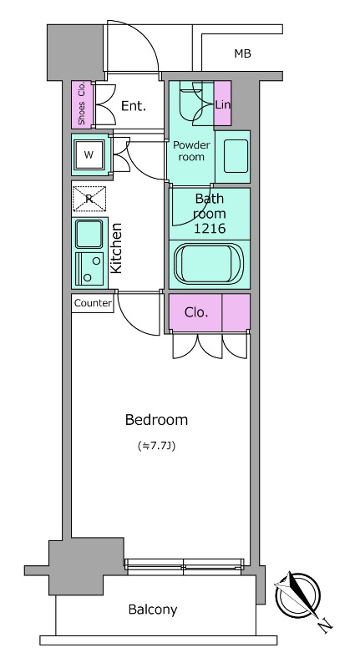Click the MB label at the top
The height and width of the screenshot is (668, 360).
point(242,53)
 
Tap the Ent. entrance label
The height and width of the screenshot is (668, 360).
point(134,106)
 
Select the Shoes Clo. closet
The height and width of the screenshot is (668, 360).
point(81,104)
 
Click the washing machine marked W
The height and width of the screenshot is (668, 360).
point(89,154)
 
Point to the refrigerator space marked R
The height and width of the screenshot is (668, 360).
point(89,199)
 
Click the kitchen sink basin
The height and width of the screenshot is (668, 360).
point(89,234)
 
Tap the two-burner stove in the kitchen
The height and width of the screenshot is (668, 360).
point(89,269)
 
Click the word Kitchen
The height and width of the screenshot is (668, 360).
point(116,248)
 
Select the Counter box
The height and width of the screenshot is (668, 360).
point(93,303)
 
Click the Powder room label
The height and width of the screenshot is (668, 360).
point(191,151)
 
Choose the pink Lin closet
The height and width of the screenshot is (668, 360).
point(222,103)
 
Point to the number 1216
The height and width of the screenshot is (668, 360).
point(209,229)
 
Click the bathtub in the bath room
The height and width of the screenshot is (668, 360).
point(209,264)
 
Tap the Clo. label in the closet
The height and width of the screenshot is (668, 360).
point(196,312)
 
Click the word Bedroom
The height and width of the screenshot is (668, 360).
point(156,420)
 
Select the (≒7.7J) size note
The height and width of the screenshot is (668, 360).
point(157,446)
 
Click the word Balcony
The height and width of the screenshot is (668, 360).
point(153,610)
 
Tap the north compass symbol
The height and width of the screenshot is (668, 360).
point(298,595)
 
